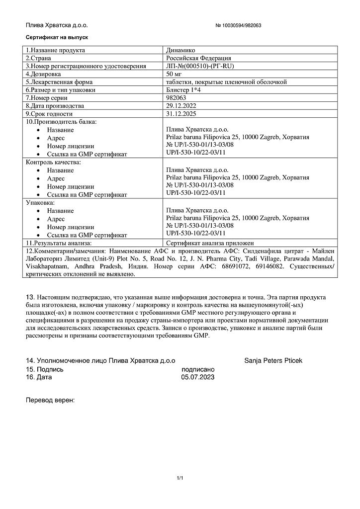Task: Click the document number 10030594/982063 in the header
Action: (x=238, y=25)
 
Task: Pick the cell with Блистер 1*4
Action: (x=183, y=90)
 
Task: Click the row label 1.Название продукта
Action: (x=55, y=50)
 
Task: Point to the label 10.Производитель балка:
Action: (x=61, y=122)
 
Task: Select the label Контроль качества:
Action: (x=53, y=162)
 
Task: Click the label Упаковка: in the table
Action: (x=40, y=203)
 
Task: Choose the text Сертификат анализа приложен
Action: (x=210, y=243)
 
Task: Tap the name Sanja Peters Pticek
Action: (x=273, y=360)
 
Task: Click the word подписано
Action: (x=198, y=369)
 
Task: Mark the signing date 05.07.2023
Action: (x=198, y=377)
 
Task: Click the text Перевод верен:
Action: (x=50, y=400)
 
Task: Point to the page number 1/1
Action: (x=180, y=478)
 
